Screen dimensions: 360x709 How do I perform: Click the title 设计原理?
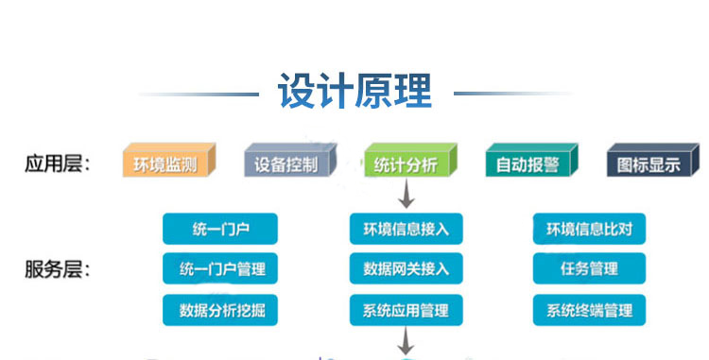click(354, 92)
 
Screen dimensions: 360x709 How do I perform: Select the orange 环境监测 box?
click(165, 164)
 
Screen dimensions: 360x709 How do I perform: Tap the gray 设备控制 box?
click(286, 164)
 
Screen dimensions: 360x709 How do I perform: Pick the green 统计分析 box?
click(406, 164)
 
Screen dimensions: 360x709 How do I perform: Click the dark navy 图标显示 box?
click(648, 164)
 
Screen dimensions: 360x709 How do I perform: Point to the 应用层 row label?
click(57, 164)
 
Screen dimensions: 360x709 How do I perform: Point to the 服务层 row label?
click(57, 269)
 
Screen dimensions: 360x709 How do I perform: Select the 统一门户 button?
click(220, 229)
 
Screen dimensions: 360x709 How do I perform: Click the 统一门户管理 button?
click(220, 269)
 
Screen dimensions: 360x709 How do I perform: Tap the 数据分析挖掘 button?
click(220, 309)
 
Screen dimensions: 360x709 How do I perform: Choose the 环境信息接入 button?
click(406, 229)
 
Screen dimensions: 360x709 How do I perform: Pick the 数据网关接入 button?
click(406, 269)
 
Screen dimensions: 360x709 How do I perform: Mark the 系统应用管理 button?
click(406, 309)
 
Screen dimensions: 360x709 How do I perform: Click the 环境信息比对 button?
click(590, 229)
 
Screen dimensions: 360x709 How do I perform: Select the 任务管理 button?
click(590, 269)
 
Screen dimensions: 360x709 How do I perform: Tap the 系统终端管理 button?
click(590, 309)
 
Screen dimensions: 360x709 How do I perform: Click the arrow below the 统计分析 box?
click(406, 196)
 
